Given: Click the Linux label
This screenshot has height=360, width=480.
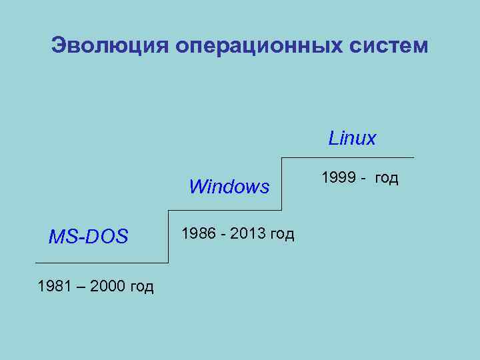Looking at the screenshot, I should (352, 139).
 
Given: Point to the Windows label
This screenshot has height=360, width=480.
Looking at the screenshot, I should (229, 187).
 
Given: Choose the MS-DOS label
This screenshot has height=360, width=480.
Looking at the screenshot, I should (88, 237).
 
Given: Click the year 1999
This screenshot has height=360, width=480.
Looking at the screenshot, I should (338, 177).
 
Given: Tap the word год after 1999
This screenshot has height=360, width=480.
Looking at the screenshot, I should (386, 178).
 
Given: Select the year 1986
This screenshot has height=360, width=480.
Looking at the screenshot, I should (198, 233).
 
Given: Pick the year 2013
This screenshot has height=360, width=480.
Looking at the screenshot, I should (247, 233).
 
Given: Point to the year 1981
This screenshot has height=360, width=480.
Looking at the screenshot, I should (54, 287).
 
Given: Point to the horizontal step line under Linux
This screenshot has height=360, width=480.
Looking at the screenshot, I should (347, 158).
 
